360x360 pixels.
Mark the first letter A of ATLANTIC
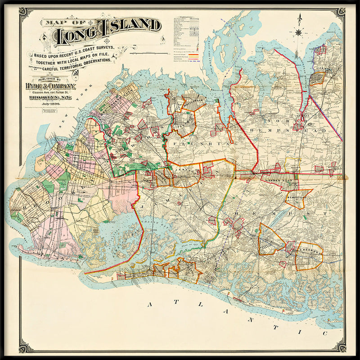[x=148, y=305]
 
